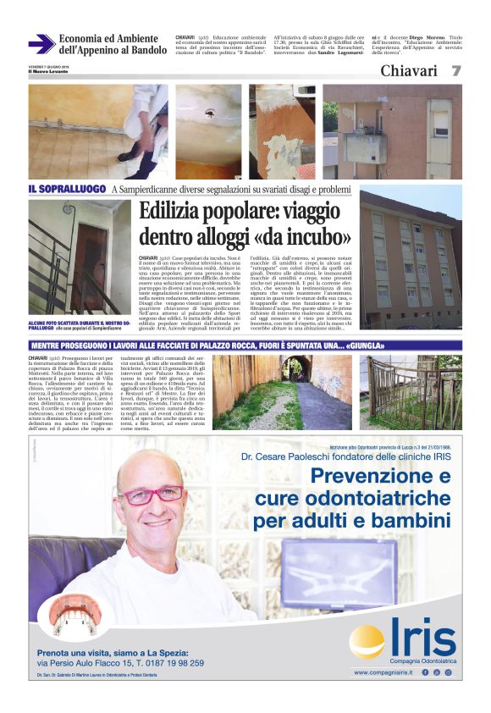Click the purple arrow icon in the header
point(40,44)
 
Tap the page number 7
point(455,71)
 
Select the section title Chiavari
point(409,71)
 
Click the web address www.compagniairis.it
point(383,672)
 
